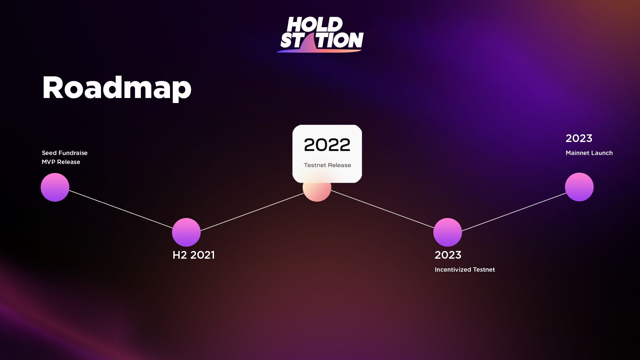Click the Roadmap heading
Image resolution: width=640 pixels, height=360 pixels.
117,88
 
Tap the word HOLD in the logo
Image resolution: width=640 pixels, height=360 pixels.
315,24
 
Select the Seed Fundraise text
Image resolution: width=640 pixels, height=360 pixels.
65,153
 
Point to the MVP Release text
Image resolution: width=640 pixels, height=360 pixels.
61,162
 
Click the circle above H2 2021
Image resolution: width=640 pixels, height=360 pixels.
186,232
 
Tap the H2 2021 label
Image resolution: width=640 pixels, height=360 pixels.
194,255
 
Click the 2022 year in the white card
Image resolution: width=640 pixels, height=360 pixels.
327,145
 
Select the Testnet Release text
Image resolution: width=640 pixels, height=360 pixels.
327,165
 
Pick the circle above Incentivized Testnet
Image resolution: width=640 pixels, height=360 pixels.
448,232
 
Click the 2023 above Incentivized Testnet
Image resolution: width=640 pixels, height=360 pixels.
448,255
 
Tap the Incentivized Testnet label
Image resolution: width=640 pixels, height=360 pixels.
465,270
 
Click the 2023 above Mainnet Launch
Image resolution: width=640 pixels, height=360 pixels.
579,138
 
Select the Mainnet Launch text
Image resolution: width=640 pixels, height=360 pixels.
589,153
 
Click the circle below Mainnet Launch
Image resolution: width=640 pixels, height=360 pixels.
579,187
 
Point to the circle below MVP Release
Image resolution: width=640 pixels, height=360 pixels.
55,187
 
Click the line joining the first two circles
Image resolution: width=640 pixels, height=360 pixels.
121,209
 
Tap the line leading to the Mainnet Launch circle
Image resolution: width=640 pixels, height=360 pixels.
514,212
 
